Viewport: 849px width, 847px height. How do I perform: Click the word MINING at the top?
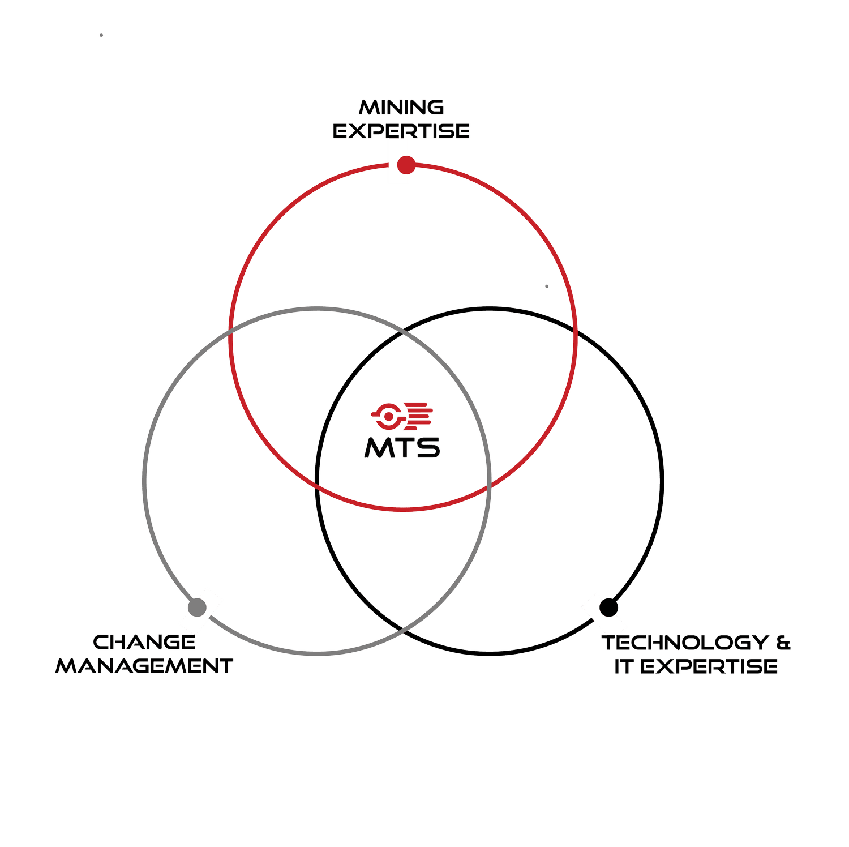[401, 107]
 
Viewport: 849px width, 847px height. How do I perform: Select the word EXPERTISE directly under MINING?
[401, 131]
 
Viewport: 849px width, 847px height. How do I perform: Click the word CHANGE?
[144, 642]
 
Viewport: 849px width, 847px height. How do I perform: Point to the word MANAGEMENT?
[144, 666]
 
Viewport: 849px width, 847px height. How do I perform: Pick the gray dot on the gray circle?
[197, 607]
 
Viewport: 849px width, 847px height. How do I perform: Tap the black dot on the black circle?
[608, 607]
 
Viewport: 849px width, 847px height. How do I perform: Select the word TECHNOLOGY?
[685, 643]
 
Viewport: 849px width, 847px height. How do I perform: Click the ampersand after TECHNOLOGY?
[783, 643]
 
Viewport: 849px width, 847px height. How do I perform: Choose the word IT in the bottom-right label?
[623, 666]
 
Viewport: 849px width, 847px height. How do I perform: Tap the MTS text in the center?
[402, 447]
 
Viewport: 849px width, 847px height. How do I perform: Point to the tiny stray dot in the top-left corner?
[101, 35]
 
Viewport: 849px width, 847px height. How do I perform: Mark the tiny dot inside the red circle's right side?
[547, 286]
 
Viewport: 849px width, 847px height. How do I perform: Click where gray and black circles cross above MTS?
[402, 333]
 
